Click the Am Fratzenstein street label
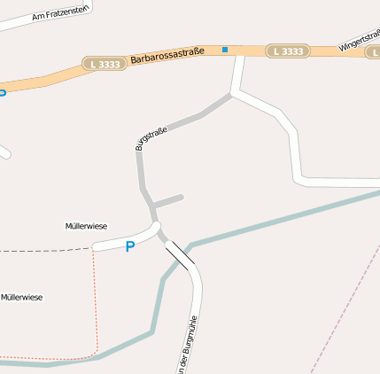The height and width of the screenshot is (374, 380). [x=61, y=11]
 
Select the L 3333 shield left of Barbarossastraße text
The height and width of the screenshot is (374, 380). [x=105, y=64]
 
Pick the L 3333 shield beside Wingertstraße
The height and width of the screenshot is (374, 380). [x=288, y=51]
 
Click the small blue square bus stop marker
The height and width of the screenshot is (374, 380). [x=225, y=50]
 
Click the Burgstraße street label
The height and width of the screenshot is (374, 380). [x=151, y=139]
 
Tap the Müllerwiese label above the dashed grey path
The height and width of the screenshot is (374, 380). [x=86, y=226]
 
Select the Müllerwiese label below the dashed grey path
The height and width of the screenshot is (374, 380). [x=21, y=297]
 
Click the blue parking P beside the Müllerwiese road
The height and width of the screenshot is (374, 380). [x=130, y=246]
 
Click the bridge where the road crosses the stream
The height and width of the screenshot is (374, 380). [x=180, y=254]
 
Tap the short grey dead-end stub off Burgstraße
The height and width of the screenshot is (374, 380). [x=168, y=201]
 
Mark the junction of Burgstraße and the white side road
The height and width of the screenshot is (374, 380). [x=233, y=93]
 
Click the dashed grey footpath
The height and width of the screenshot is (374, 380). [x=44, y=251]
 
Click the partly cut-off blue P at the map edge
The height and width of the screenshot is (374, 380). [x=3, y=92]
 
